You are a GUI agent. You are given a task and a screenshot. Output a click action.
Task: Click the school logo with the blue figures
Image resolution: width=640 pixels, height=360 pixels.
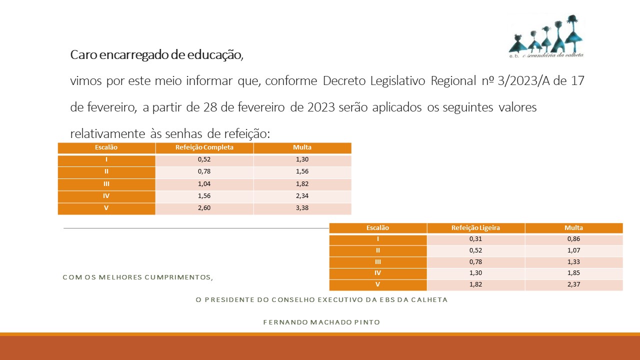546,36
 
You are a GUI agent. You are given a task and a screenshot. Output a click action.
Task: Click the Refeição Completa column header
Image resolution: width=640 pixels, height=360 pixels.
204,147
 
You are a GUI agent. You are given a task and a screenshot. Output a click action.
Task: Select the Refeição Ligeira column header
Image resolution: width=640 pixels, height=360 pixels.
475,227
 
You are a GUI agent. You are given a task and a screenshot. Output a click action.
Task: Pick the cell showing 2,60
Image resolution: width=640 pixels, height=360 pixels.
204,208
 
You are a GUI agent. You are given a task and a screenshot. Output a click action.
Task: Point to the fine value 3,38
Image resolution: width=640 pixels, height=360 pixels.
302,208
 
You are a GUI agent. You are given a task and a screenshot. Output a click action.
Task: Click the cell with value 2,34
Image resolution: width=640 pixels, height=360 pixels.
302,196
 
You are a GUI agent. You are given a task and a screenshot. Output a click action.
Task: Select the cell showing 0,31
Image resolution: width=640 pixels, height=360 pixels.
475,239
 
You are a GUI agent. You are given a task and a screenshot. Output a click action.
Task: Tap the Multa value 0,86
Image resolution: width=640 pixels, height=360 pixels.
573,239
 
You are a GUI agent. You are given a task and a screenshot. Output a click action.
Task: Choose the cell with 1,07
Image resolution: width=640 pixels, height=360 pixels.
573,250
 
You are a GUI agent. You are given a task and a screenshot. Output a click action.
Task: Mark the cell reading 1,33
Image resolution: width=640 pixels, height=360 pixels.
573,262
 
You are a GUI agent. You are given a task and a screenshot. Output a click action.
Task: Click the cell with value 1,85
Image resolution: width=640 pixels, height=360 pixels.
573,273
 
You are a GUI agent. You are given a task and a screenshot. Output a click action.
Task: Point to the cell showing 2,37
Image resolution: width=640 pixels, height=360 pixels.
573,285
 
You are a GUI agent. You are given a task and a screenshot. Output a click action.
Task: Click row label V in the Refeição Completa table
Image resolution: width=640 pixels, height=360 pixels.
106,208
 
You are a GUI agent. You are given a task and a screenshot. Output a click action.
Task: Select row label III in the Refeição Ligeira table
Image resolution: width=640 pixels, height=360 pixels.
377,262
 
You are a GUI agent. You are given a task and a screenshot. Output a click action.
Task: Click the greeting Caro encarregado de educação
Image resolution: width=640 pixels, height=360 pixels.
156,54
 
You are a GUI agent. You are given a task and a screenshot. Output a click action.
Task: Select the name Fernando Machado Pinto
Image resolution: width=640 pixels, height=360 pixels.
321,322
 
